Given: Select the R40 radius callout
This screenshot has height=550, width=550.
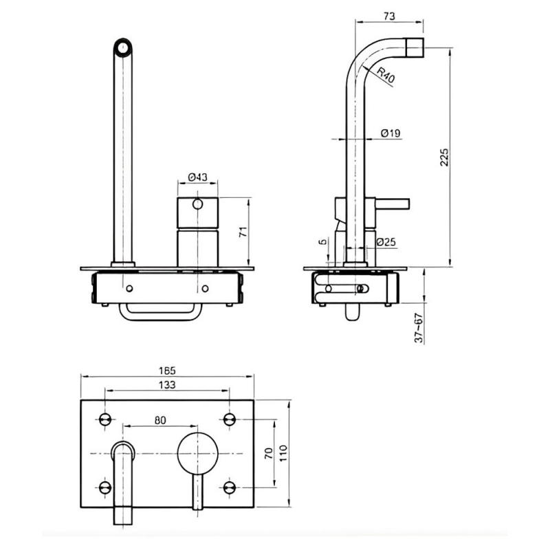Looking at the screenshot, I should tap(385, 74).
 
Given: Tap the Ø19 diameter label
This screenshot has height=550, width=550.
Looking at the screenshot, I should tap(390, 133).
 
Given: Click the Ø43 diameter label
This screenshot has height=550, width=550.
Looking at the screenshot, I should tap(198, 177).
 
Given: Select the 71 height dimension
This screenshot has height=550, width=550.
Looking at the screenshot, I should tap(241, 232).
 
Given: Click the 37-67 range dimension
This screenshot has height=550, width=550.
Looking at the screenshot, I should tap(417, 328).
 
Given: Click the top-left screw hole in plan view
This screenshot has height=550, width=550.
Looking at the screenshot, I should tap(105, 419).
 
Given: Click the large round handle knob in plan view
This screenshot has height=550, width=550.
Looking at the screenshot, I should tap(197, 453).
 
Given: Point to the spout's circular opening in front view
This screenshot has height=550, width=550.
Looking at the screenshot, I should tap(123, 47).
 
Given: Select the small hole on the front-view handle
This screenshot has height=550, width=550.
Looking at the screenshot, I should tap(198, 204).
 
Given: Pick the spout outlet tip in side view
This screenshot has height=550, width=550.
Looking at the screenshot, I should tap(414, 48).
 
